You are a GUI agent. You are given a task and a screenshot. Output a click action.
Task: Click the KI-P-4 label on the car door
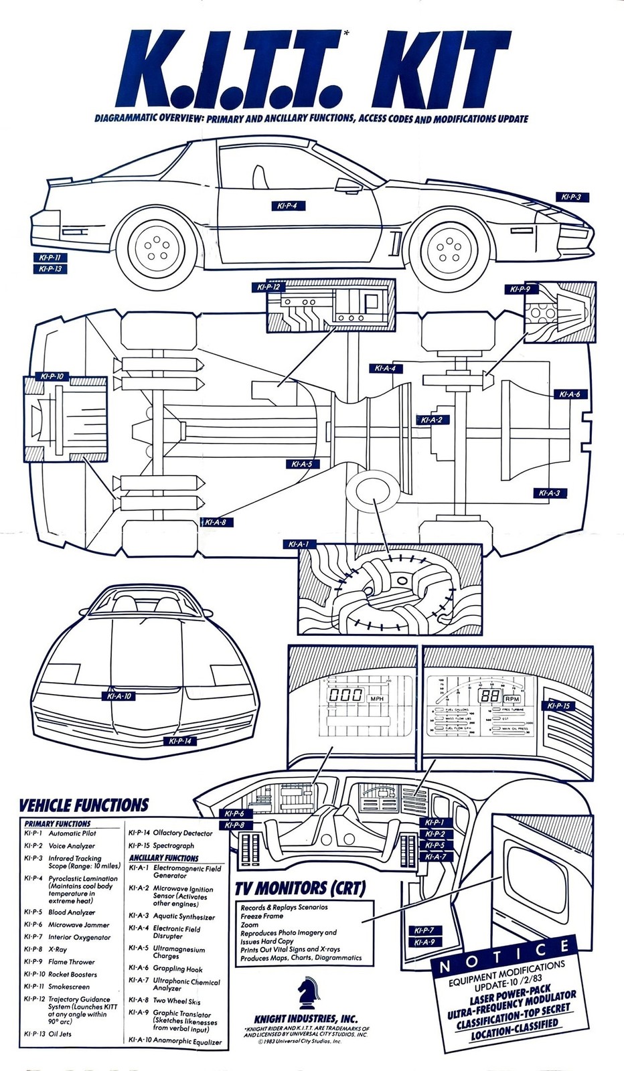tap(288, 205)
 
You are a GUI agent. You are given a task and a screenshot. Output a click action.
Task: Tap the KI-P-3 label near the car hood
tap(572, 197)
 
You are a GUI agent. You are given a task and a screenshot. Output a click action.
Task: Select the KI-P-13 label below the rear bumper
tap(50, 268)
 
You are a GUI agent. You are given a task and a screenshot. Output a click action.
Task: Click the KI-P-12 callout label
tap(268, 287)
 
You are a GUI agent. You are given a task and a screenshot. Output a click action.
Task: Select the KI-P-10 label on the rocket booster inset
tap(52, 377)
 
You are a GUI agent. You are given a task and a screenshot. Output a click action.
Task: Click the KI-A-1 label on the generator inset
tap(299, 544)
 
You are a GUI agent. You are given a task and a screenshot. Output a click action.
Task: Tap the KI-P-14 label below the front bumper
tap(180, 741)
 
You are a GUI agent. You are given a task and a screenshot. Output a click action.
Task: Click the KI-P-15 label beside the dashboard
tap(558, 706)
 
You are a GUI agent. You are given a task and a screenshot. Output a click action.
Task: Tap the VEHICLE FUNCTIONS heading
tap(83, 805)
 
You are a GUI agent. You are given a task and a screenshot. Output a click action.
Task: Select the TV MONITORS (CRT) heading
tap(300, 888)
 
